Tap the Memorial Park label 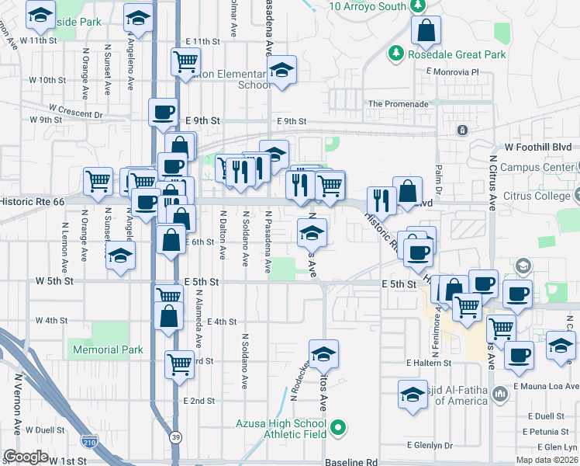[108, 349]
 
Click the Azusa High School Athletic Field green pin [338, 427]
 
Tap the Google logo [26, 457]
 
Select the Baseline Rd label [350, 461]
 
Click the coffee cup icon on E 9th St [163, 112]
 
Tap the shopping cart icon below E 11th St [185, 61]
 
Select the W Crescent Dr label [75, 110]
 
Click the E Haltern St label [429, 363]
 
